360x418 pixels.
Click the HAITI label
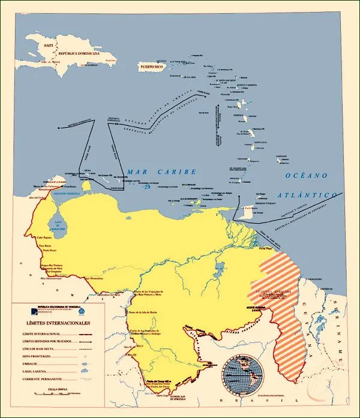[x=46, y=46]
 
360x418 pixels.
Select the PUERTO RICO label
[x=152, y=67]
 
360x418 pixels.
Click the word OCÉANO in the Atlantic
[x=306, y=176]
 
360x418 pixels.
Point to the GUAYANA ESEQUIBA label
[x=273, y=293]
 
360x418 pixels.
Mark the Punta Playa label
[x=266, y=247]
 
